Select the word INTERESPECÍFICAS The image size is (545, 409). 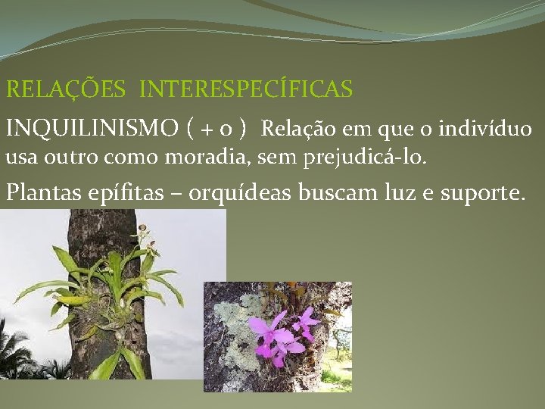(246, 90)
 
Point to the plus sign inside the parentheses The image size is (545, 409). (207, 130)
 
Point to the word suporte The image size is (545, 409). (476, 193)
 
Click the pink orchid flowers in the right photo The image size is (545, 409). (280, 333)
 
